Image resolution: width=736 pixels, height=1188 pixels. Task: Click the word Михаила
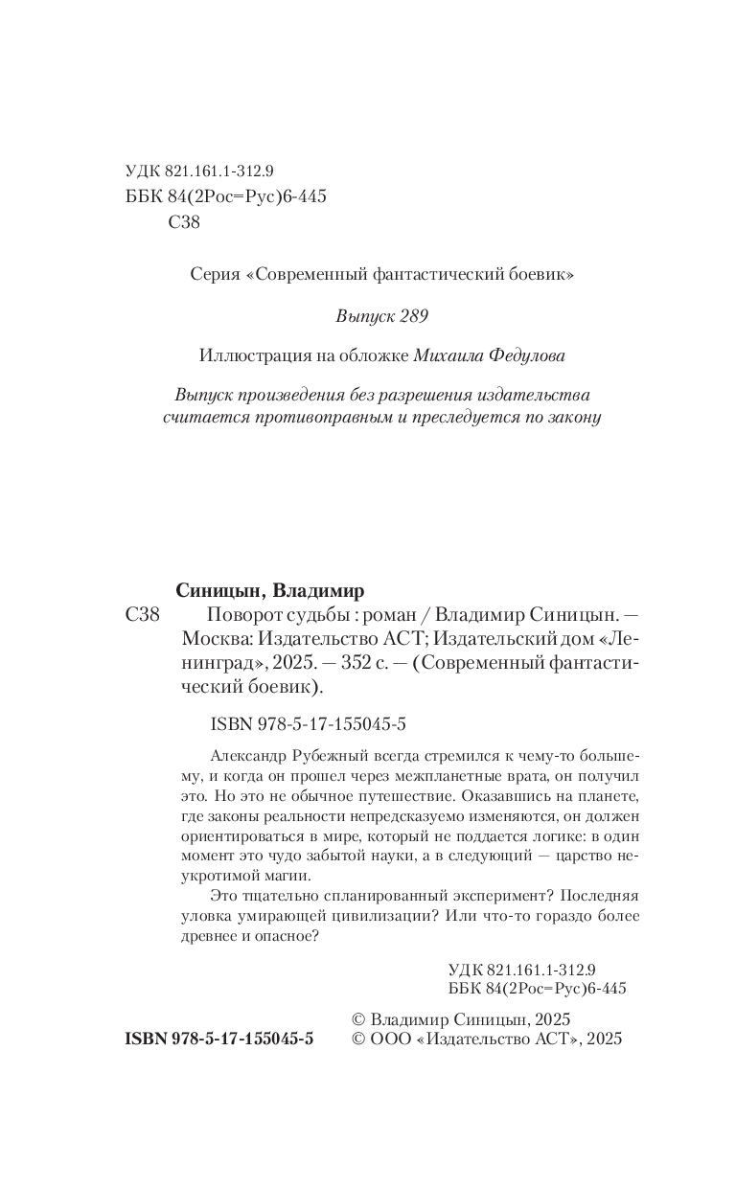pos(448,355)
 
